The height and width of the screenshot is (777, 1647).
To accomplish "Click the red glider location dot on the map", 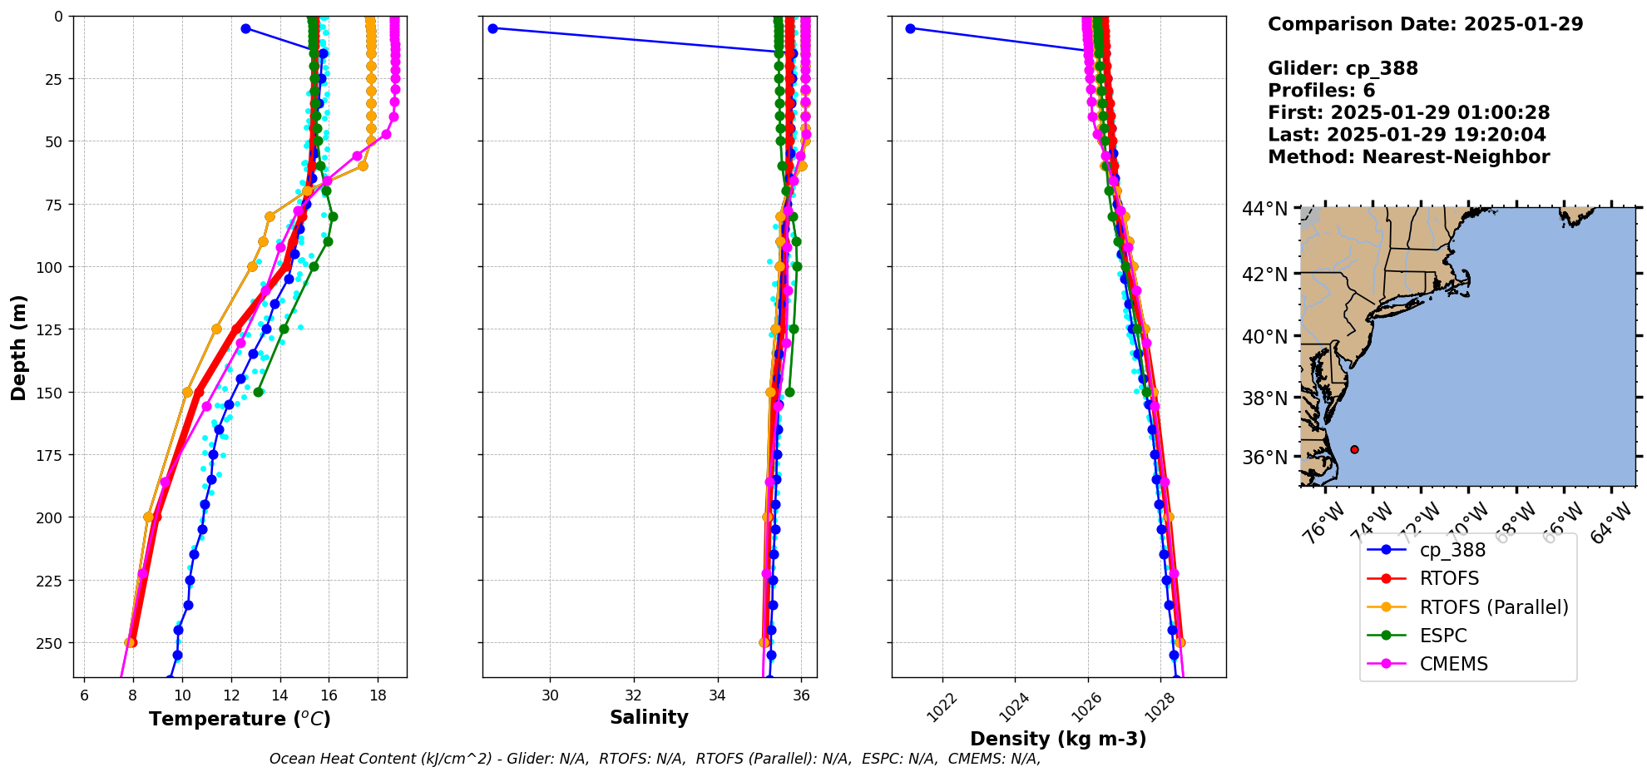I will (x=1354, y=449).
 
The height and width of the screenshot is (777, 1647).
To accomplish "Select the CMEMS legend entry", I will (x=1453, y=664).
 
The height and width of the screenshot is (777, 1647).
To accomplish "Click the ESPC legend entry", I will (x=1443, y=636).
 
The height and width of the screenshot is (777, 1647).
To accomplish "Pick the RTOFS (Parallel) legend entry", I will (x=1493, y=607).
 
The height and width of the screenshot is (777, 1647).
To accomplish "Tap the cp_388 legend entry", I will (x=1452, y=550).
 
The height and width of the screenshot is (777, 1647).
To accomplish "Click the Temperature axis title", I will (x=240, y=719).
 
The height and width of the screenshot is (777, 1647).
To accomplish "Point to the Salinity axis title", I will (x=649, y=717).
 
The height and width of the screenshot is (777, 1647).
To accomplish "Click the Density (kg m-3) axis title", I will (x=1058, y=739).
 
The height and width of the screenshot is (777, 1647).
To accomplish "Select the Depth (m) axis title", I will (x=18, y=347).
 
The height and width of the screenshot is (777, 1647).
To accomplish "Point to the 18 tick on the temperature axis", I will (x=378, y=695).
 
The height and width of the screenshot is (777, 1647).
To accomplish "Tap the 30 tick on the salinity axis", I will (x=550, y=695).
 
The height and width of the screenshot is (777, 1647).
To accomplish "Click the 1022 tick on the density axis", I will (x=942, y=708).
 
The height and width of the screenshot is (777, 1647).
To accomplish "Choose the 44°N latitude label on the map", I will (x=1264, y=209).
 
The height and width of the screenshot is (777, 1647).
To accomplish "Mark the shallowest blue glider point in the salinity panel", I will (x=492, y=28).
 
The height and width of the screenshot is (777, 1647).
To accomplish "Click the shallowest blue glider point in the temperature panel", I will (x=245, y=28).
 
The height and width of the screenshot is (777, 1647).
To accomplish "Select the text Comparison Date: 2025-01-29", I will (x=1425, y=24).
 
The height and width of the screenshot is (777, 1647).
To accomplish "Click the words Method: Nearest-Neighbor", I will (x=1408, y=157).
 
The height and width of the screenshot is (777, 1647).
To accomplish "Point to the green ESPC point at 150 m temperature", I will (x=259, y=392).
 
